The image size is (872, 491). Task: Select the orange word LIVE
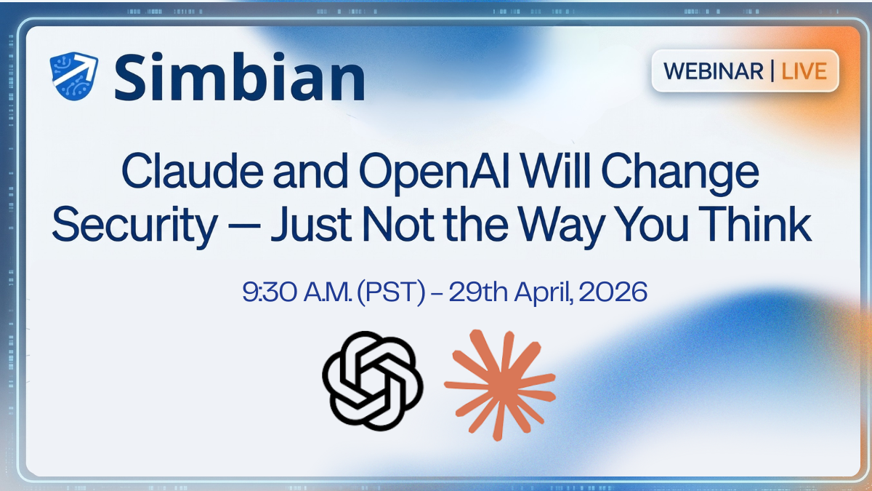804,71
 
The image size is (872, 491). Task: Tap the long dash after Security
243,227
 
